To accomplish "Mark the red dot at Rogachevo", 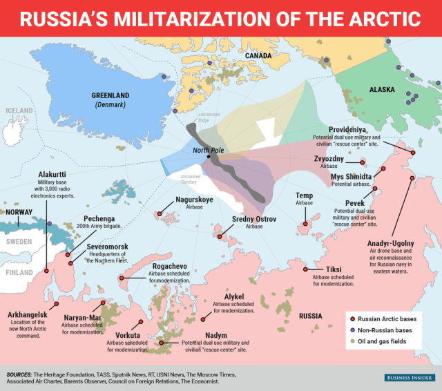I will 122,279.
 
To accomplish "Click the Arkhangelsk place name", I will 28,314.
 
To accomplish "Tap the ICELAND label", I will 19,111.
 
